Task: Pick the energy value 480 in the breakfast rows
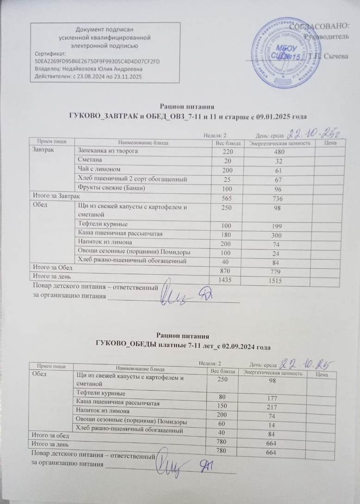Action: click(x=279, y=152)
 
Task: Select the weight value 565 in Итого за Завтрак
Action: click(x=226, y=197)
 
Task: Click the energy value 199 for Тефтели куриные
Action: click(x=279, y=225)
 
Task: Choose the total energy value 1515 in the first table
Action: click(x=279, y=280)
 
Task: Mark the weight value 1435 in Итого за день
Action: click(x=226, y=280)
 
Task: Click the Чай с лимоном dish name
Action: click(x=99, y=169)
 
